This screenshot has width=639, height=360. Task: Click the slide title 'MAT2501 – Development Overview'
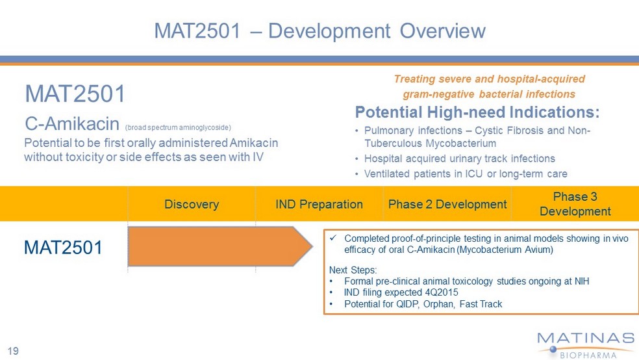(x=319, y=31)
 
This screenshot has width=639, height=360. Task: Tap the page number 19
(x=13, y=351)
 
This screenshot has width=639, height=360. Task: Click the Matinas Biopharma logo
(x=586, y=345)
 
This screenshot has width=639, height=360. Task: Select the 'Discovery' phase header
(x=192, y=204)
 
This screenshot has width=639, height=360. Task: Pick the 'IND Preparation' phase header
(x=319, y=204)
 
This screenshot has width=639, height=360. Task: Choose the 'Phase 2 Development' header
(x=447, y=204)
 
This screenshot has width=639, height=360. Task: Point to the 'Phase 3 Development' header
(x=575, y=204)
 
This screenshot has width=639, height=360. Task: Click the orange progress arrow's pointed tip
(x=312, y=246)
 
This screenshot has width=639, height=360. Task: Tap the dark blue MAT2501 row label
(x=63, y=248)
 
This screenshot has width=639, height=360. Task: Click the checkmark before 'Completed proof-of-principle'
(x=332, y=237)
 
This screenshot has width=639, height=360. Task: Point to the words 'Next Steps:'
(x=353, y=270)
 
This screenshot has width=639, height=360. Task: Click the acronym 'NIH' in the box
(x=582, y=281)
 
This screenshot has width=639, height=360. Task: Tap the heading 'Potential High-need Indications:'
(x=477, y=112)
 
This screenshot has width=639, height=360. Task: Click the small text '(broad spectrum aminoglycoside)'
(x=178, y=127)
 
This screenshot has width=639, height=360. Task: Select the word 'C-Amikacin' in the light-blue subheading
(x=72, y=123)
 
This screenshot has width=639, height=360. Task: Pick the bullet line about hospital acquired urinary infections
(x=460, y=159)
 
